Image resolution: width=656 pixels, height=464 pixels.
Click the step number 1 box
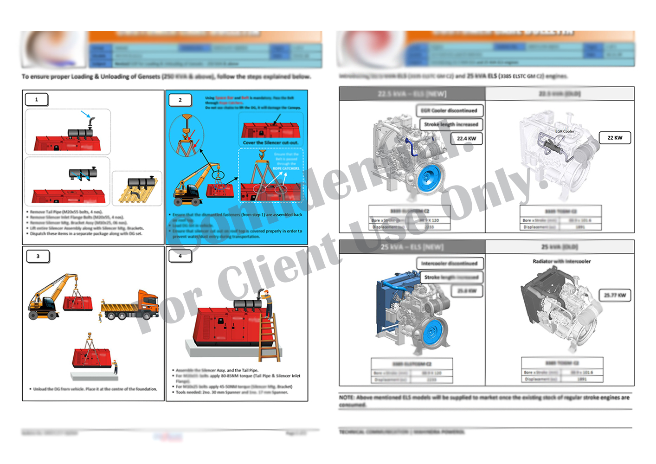pos(37,99)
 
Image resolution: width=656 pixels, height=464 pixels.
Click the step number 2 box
pos(180,100)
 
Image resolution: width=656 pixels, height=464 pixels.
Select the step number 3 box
pos(38,256)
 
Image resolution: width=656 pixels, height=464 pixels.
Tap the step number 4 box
pos(180,256)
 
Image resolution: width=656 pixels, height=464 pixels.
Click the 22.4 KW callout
pos(466,138)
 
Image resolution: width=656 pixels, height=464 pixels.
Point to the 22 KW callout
pos(615,138)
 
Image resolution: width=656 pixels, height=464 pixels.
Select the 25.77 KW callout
pos(615,295)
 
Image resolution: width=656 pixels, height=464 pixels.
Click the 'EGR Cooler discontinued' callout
pos(449,110)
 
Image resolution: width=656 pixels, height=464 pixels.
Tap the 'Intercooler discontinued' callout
pos(449,263)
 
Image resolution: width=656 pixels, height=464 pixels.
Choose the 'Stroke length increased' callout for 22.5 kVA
pos(451,124)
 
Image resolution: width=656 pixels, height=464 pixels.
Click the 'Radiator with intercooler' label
pos(561,261)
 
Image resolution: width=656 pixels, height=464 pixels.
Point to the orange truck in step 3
pos(131,306)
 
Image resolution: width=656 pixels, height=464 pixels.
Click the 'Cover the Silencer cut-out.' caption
pos(270,142)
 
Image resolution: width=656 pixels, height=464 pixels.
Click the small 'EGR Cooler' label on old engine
pos(565,131)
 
